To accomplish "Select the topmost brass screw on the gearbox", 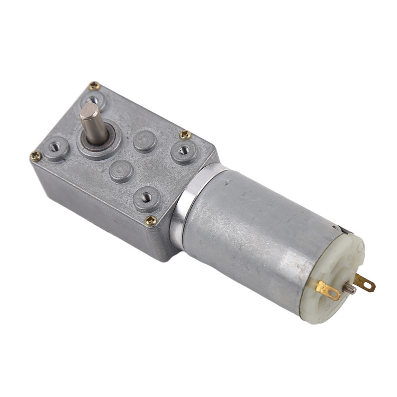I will pos(94,86).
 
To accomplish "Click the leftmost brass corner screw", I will pos(35,156).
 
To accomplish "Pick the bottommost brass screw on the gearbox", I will pos(151,220).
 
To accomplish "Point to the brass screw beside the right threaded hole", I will pos(185,135).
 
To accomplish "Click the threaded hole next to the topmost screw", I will pos(93,99).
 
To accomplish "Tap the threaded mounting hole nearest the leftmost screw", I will pos(55,148).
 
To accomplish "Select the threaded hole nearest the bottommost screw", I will pos(147,197).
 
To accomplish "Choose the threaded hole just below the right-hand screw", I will pos(183,150).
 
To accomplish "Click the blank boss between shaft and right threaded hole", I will pos(144,140).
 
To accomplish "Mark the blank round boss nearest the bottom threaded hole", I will pos(121,170).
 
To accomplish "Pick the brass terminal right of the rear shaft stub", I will pos(365,283).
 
